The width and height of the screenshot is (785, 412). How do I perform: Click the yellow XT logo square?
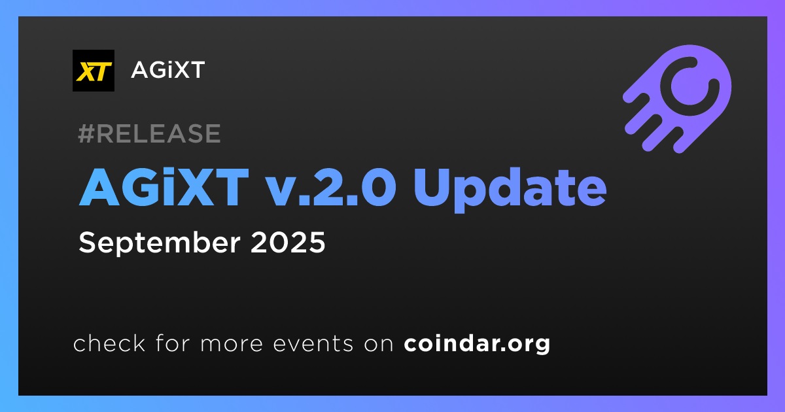click(93, 71)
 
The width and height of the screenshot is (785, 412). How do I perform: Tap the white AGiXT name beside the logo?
click(168, 70)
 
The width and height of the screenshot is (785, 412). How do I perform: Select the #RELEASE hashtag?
click(149, 133)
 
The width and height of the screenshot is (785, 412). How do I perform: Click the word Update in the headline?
click(510, 189)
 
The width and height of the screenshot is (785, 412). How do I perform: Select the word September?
click(160, 243)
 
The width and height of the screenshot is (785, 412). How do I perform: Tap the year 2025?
click(288, 243)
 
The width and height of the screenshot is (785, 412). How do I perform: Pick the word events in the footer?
click(313, 344)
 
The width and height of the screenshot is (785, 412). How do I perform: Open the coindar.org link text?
click(477, 344)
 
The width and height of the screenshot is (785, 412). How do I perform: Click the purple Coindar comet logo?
click(677, 99)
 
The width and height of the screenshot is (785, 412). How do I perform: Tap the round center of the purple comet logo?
click(690, 86)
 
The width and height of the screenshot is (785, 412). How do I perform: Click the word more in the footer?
click(232, 345)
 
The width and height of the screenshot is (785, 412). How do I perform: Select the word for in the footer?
click(173, 343)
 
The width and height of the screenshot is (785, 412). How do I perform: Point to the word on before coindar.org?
click(379, 345)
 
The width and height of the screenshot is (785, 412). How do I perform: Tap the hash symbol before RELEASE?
click(86, 133)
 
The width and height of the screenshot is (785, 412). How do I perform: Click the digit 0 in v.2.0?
click(379, 188)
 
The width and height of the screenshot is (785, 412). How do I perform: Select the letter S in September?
click(87, 243)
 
